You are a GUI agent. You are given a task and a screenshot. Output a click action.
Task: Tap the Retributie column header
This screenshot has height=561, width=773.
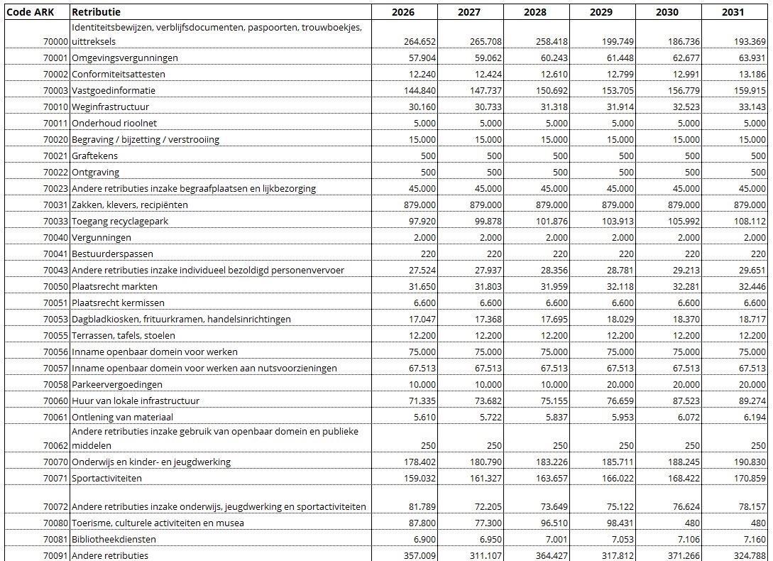[x=96, y=12]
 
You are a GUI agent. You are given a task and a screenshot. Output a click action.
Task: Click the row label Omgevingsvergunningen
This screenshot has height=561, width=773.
[x=124, y=58]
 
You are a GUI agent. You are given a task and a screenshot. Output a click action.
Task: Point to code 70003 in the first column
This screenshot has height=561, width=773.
[x=55, y=90]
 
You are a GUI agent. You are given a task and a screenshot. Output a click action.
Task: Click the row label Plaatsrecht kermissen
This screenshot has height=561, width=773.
[x=114, y=303]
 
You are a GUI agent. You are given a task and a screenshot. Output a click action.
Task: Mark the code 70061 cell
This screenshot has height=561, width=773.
[x=55, y=417]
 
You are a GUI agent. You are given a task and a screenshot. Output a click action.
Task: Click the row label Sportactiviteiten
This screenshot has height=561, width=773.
[x=106, y=478]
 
